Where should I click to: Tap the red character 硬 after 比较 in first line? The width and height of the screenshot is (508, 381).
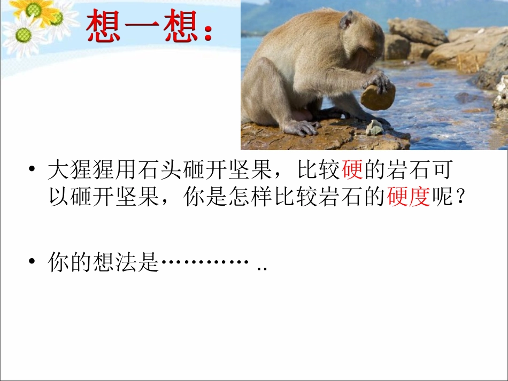coord(352,170)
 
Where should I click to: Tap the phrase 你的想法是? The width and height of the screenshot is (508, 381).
coord(104,262)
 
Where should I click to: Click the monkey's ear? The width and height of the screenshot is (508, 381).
coord(347,20)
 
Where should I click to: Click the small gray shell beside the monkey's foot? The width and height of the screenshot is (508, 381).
coord(374,128)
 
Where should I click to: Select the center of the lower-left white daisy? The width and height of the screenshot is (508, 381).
coord(22,35)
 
